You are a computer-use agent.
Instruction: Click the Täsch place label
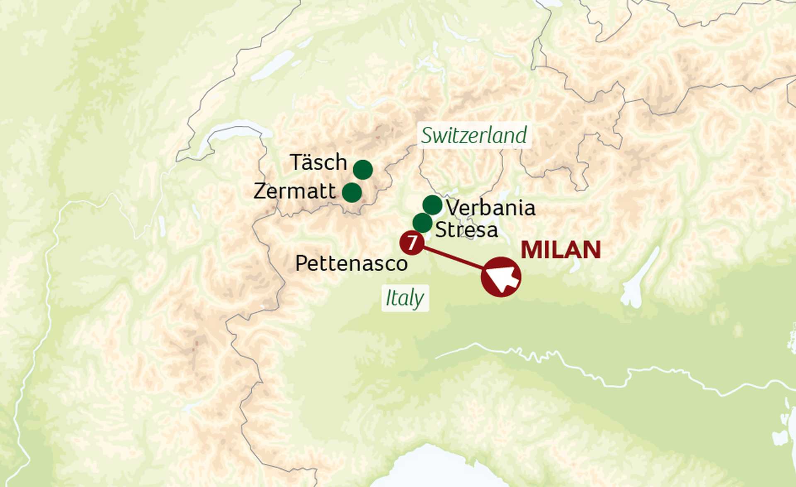318,162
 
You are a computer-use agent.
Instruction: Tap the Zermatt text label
294,191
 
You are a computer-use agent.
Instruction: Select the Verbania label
490,207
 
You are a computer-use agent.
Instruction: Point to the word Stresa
466,230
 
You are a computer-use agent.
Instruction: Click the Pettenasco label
351,263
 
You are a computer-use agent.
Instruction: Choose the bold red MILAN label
561,250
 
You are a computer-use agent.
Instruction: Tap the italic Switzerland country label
474,135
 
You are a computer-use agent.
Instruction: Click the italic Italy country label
405,298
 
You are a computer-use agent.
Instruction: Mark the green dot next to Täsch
363,170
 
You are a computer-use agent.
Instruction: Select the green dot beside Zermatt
352,193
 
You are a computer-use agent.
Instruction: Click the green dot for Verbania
432,205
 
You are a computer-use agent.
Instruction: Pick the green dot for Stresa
422,223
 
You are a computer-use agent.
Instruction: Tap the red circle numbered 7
412,243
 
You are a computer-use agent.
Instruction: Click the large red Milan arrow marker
501,277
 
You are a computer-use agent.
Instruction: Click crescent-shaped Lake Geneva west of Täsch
232,130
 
